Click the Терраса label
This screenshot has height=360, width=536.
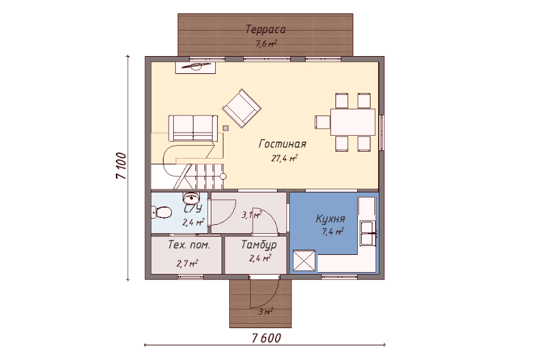coord(265,30)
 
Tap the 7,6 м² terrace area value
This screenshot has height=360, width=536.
coord(266,44)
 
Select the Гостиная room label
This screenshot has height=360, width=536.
coord(283,144)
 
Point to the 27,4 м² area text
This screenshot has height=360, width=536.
coord(285,158)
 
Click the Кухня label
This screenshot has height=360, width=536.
coord(330,219)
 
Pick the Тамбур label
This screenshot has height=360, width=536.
coord(259,245)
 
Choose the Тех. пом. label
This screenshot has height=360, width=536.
coord(189,245)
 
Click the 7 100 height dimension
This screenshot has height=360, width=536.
coord(122,166)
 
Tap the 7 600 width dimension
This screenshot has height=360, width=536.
coord(266,338)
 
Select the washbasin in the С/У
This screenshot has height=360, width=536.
coord(192,198)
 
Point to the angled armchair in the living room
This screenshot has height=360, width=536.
coord(242,108)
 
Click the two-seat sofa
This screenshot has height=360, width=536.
coord(193,128)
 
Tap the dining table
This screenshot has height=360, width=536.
coord(353,122)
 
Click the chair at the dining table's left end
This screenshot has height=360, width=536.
coord(322,122)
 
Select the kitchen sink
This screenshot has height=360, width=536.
coord(368,233)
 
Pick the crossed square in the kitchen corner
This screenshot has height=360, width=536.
coord(304,261)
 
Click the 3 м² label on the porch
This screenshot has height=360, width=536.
coord(265,312)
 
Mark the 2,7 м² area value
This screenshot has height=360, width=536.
coord(187,263)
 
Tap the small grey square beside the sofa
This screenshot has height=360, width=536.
coord(225,128)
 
